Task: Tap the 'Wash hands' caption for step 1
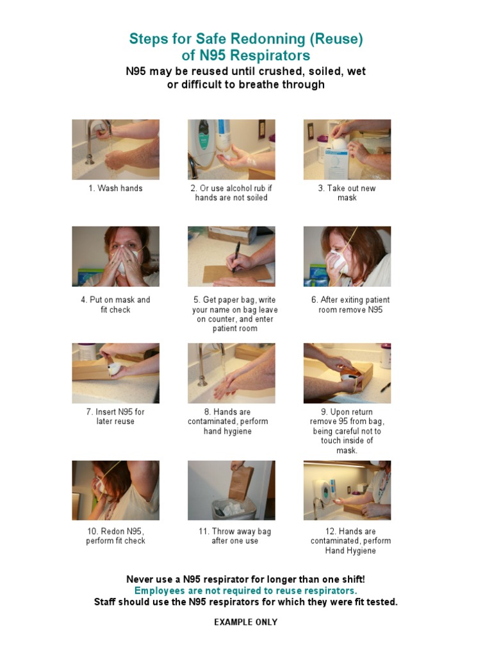(x=115, y=188)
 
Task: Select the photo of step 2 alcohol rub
(x=231, y=149)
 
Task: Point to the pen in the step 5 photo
(x=236, y=257)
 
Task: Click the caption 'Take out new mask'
(x=347, y=192)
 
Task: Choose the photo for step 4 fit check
(x=115, y=257)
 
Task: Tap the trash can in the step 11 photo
(x=234, y=509)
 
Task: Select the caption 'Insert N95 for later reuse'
(x=115, y=416)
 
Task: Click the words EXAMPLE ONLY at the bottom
(x=245, y=622)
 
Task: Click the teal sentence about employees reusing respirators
(x=245, y=590)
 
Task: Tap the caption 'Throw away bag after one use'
(x=234, y=536)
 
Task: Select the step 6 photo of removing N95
(x=347, y=257)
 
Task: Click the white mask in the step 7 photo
(x=115, y=370)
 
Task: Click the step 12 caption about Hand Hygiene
(x=350, y=541)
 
